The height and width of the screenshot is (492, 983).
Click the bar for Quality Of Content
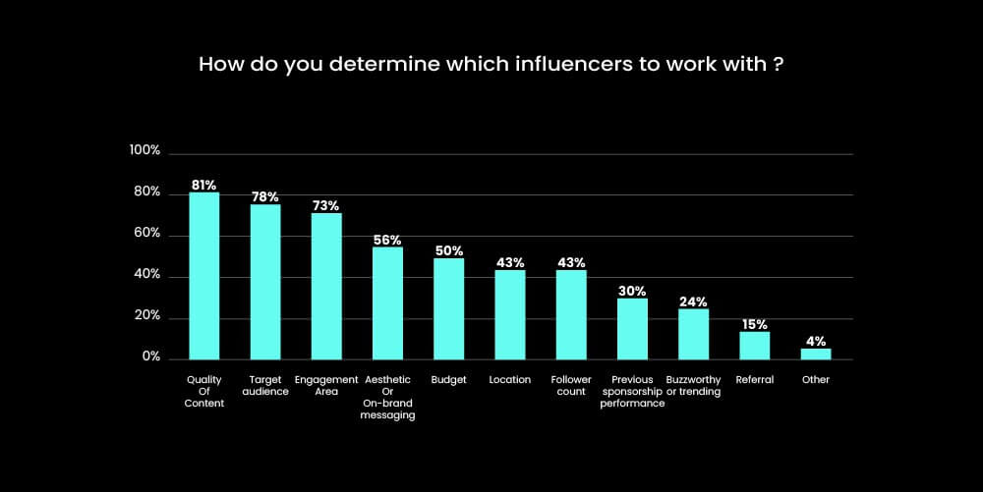pyautogui.click(x=203, y=276)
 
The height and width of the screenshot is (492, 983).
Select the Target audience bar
pyautogui.click(x=265, y=282)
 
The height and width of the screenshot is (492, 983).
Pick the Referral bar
pyautogui.click(x=754, y=345)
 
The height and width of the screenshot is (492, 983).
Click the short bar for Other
pyautogui.click(x=816, y=354)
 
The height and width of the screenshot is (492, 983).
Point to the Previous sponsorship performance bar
pyautogui.click(x=632, y=329)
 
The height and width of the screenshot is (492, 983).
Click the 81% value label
pyautogui.click(x=203, y=185)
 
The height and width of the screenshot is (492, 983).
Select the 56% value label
pyautogui.click(x=387, y=240)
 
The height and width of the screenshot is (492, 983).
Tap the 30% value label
pyautogui.click(x=632, y=291)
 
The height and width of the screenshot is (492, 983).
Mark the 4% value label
pyautogui.click(x=816, y=341)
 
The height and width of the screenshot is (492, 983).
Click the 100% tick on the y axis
pyautogui.click(x=145, y=151)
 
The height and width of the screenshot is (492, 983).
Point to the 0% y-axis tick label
pyautogui.click(x=150, y=357)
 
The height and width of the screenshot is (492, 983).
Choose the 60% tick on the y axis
pyautogui.click(x=147, y=234)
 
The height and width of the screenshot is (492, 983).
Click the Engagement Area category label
pyautogui.click(x=326, y=385)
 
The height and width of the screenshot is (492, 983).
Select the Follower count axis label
pyautogui.click(x=571, y=385)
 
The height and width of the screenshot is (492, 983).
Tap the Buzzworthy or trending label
pyautogui.click(x=693, y=385)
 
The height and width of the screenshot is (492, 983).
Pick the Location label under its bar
pyautogui.click(x=509, y=380)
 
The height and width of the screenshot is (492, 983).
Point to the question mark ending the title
pyautogui.click(x=779, y=66)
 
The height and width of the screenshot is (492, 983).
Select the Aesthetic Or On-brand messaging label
pyautogui.click(x=387, y=397)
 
